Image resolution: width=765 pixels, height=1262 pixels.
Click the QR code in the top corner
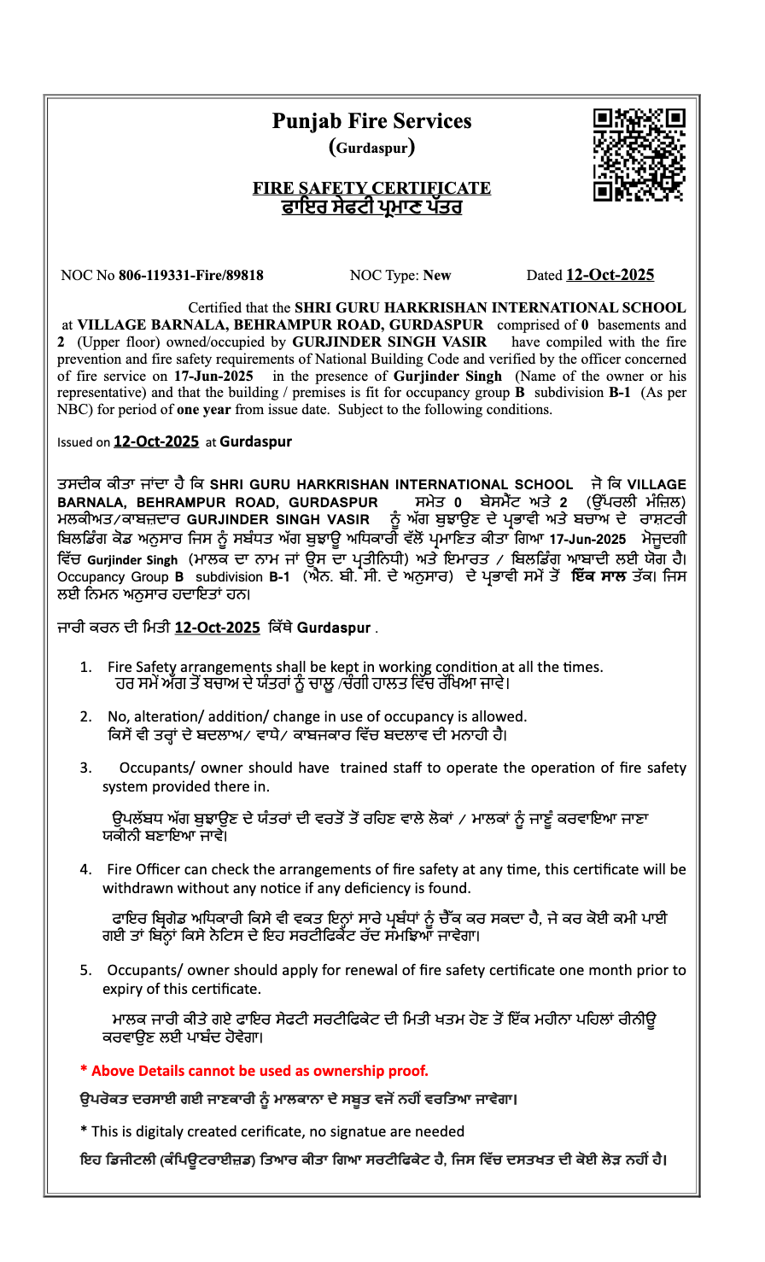click(x=639, y=155)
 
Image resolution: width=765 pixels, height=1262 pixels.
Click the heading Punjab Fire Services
click(x=371, y=121)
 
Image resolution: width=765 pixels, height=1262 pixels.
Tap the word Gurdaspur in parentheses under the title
click(x=371, y=148)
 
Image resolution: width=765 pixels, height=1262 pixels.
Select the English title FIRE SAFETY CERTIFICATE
click(x=371, y=188)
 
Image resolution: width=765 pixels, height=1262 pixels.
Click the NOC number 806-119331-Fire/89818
click(x=190, y=276)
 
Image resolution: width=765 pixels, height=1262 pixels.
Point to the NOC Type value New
click(x=437, y=276)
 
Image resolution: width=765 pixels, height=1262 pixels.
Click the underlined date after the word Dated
click(x=610, y=275)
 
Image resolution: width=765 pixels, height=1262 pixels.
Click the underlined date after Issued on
click(x=156, y=441)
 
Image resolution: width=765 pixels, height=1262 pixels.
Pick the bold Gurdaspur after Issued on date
click(x=255, y=441)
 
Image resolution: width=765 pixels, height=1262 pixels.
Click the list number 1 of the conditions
click(x=85, y=667)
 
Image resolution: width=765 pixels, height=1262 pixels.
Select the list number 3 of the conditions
click(x=85, y=768)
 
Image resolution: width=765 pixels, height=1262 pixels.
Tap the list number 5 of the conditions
click(x=85, y=970)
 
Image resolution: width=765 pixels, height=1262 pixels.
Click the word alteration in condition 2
click(x=160, y=716)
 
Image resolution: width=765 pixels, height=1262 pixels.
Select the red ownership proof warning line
click(x=254, y=1071)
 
